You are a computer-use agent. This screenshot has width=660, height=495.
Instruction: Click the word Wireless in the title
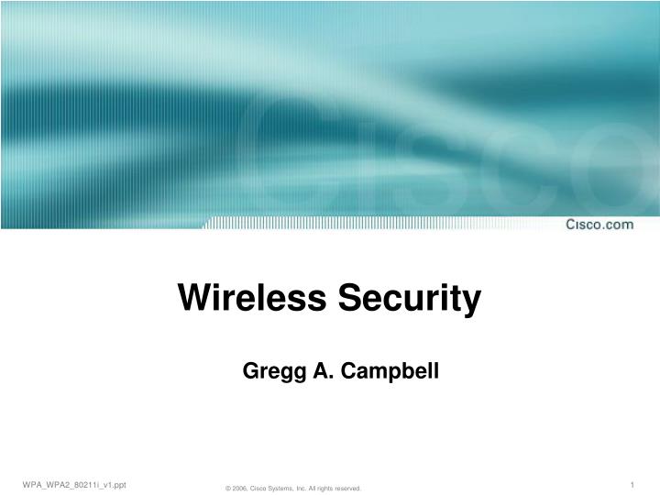click(250, 297)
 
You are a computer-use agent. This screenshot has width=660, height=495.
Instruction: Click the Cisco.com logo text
click(599, 224)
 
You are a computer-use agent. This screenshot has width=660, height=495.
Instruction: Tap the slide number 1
click(632, 483)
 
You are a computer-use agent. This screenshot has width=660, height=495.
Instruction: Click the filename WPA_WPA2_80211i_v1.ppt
click(74, 483)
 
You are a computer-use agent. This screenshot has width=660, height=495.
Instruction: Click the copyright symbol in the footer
click(227, 489)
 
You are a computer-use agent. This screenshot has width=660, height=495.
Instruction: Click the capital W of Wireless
click(192, 297)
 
